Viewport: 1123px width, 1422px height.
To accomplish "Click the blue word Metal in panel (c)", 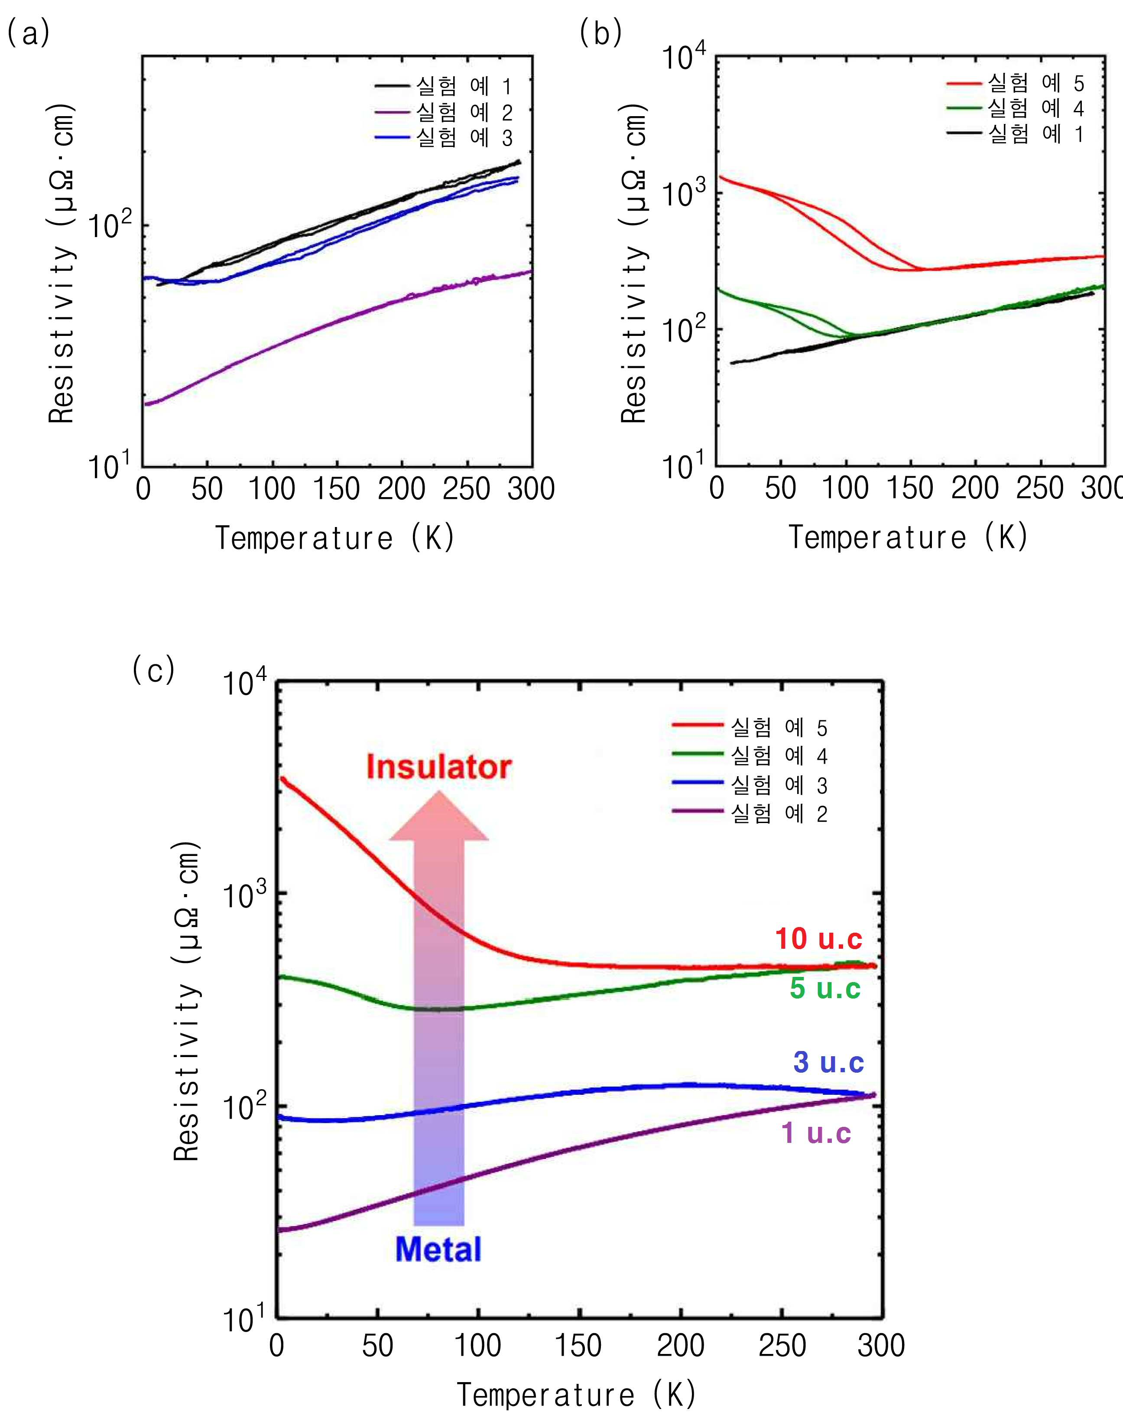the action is [x=438, y=1249].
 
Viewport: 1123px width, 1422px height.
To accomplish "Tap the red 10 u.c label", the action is [x=818, y=939].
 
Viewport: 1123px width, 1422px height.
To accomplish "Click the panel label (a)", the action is [x=28, y=33].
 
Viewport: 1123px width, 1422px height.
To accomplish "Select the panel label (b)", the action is [x=600, y=33].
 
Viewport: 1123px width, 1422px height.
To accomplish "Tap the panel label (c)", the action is [x=153, y=670].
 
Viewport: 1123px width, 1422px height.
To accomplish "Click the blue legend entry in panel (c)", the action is [x=750, y=784].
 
